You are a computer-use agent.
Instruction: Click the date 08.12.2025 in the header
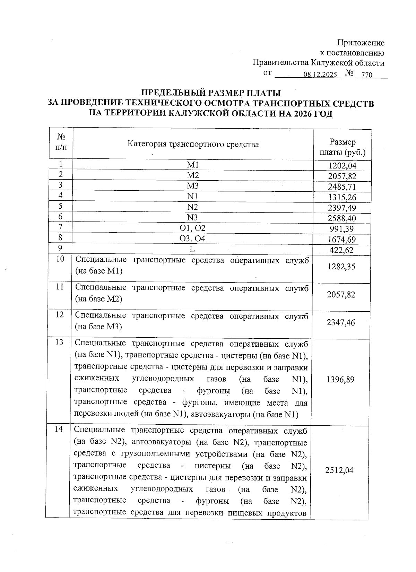click(x=320, y=75)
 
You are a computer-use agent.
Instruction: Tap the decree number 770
click(x=366, y=75)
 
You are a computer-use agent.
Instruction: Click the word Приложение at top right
click(x=361, y=43)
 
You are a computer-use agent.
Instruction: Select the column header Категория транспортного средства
click(x=193, y=144)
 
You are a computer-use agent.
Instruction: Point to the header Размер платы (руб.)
click(x=343, y=147)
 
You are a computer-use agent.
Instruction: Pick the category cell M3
click(x=193, y=186)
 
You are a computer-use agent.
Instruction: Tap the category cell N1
click(x=193, y=197)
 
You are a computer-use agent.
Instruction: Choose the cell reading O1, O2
click(x=193, y=228)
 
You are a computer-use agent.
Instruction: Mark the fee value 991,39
click(x=343, y=229)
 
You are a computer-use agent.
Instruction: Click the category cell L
click(x=192, y=249)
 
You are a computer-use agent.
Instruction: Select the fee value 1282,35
click(x=341, y=267)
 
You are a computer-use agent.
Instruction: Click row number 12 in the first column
click(x=60, y=314)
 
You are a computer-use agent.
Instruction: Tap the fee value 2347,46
click(x=341, y=323)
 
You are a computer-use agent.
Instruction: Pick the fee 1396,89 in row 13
click(x=340, y=380)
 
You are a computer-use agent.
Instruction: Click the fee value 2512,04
click(x=340, y=470)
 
